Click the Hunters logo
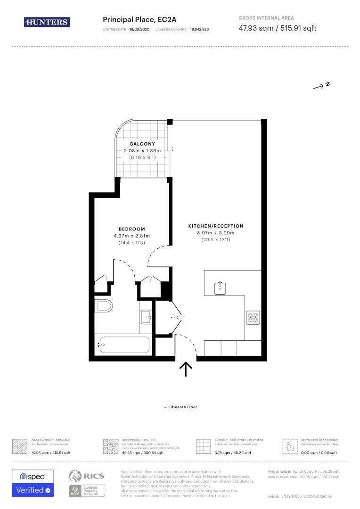tap(47, 22)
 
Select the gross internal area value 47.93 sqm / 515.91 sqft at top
tap(277, 28)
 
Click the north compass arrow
tap(322, 85)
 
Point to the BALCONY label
tap(142, 144)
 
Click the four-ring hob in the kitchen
tap(253, 318)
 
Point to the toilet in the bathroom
tap(104, 306)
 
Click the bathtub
tap(123, 345)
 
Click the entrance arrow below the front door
tap(186, 369)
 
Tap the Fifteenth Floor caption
tap(180, 407)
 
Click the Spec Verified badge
tap(33, 483)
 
